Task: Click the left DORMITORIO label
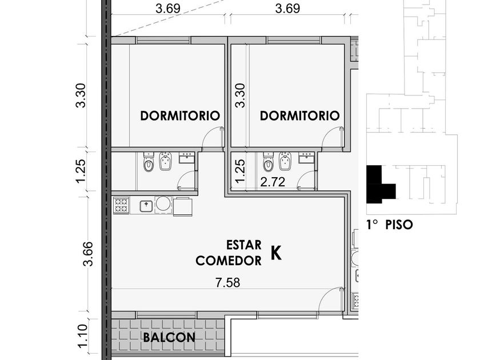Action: (x=180, y=115)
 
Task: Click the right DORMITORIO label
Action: (x=299, y=115)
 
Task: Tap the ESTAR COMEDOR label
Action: (x=229, y=253)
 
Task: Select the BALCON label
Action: (x=169, y=337)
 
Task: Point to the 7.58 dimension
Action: (x=228, y=282)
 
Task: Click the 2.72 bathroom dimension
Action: (x=273, y=182)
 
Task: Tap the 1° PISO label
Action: (x=390, y=225)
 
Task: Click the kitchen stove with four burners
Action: (x=121, y=205)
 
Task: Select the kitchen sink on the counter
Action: (x=146, y=206)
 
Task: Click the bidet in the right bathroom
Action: (x=285, y=161)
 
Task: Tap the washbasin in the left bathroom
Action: (x=186, y=157)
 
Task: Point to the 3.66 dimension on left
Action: (x=88, y=254)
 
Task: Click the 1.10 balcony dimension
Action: (x=83, y=336)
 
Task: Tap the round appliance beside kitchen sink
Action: (x=164, y=204)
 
